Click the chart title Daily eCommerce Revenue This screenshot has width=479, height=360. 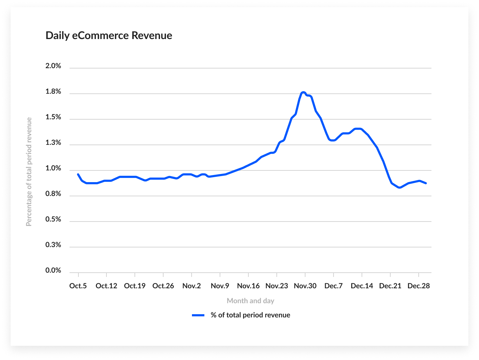click(109, 36)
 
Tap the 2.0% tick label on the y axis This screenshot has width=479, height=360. click(53, 66)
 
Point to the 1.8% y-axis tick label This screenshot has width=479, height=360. click(53, 92)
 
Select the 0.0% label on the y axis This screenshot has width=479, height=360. click(53, 271)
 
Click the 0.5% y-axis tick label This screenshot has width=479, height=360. click(53, 219)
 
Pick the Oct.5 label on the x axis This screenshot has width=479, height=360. click(78, 286)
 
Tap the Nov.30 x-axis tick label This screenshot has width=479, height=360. click(305, 286)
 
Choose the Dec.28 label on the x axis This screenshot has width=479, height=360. click(419, 286)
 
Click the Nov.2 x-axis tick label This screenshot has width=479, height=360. click(192, 286)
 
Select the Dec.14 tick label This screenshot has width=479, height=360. click(362, 286)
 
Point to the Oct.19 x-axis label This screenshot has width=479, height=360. click(135, 286)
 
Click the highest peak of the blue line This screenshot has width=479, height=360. click(303, 93)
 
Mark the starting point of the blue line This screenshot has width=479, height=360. click(78, 174)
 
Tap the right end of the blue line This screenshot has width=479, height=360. click(426, 183)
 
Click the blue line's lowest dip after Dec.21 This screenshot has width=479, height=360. click(400, 187)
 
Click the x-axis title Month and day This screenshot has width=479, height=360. click(250, 301)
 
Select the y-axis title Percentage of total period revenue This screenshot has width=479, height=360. click(29, 172)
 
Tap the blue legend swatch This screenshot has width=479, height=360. click(198, 315)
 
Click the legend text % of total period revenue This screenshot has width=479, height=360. click(250, 315)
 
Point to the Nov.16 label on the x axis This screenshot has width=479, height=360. click(248, 286)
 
